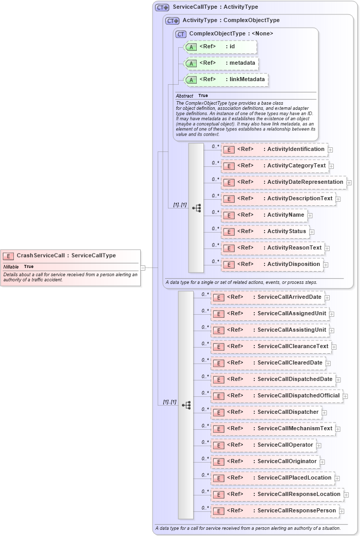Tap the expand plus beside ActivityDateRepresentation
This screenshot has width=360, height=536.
pos(349,182)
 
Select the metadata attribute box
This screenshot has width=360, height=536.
pos(220,63)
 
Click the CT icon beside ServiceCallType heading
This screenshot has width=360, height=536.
pos(162,8)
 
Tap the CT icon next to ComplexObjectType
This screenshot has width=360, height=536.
pos(181,34)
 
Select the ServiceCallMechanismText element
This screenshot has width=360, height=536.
pos(273,429)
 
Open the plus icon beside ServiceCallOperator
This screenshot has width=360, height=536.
pos(319,446)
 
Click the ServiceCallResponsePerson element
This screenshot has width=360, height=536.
pos(275,511)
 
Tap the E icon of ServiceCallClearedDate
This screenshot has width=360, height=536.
pos(218,363)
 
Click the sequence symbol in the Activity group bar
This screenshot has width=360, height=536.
pos(196,208)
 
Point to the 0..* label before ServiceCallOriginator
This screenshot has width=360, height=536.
pos(205,458)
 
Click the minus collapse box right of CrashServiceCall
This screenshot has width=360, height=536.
pos(143,267)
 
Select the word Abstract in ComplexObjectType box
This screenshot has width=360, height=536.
pos(184,96)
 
